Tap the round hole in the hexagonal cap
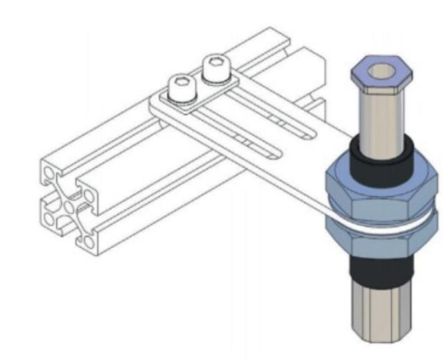382,70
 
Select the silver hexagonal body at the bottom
382,312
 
